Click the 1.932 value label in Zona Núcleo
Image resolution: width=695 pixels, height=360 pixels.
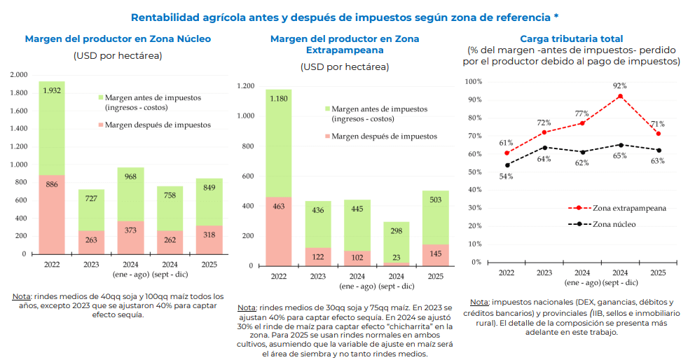52,90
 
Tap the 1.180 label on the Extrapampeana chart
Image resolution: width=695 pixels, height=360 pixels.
279,98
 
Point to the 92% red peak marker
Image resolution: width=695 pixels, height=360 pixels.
620,96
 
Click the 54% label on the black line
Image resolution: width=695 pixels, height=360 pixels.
506,176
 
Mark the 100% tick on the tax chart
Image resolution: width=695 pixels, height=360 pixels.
474,81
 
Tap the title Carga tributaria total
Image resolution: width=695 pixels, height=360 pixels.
571,39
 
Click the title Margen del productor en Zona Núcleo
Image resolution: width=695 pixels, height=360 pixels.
118,39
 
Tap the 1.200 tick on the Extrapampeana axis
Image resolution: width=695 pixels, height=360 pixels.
245,86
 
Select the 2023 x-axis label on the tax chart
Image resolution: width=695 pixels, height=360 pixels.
544,272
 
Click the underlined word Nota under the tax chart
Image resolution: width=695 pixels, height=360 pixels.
480,302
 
